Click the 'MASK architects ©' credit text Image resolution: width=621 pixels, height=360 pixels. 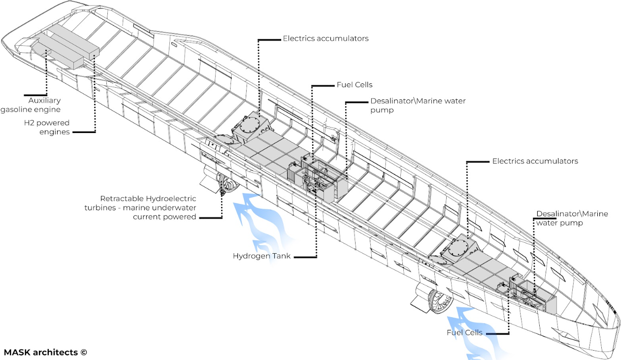point(45,352)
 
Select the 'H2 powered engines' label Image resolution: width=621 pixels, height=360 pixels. point(47,127)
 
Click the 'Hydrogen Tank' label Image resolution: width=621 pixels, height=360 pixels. point(261,256)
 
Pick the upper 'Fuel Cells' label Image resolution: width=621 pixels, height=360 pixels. point(355,85)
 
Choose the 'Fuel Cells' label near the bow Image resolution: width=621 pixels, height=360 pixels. point(464,332)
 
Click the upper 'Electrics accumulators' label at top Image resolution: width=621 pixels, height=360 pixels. point(326,38)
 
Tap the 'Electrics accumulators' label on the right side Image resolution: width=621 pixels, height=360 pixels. point(535,161)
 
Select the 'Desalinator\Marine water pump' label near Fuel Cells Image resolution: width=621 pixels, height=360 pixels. point(418,105)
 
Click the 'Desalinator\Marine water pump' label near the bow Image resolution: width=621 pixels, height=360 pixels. point(572,218)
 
